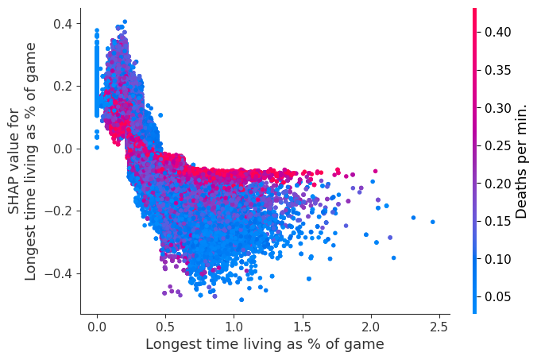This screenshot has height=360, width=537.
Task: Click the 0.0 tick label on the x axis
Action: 97,326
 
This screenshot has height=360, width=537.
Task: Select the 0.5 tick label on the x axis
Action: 165,326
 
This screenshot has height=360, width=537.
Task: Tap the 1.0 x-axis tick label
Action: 234,326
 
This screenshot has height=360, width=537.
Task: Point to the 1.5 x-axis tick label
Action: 303,326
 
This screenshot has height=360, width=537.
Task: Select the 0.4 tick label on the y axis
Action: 63,24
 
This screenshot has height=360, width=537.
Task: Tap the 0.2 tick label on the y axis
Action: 63,86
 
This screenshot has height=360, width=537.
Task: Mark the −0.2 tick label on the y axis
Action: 60,211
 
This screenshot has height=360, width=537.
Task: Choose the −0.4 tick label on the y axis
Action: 60,273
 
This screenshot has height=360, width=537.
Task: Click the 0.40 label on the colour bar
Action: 496,32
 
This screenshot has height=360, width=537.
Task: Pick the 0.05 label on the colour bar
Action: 496,296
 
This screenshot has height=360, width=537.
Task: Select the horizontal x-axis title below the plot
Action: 264,344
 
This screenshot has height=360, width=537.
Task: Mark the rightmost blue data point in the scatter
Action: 433,222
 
